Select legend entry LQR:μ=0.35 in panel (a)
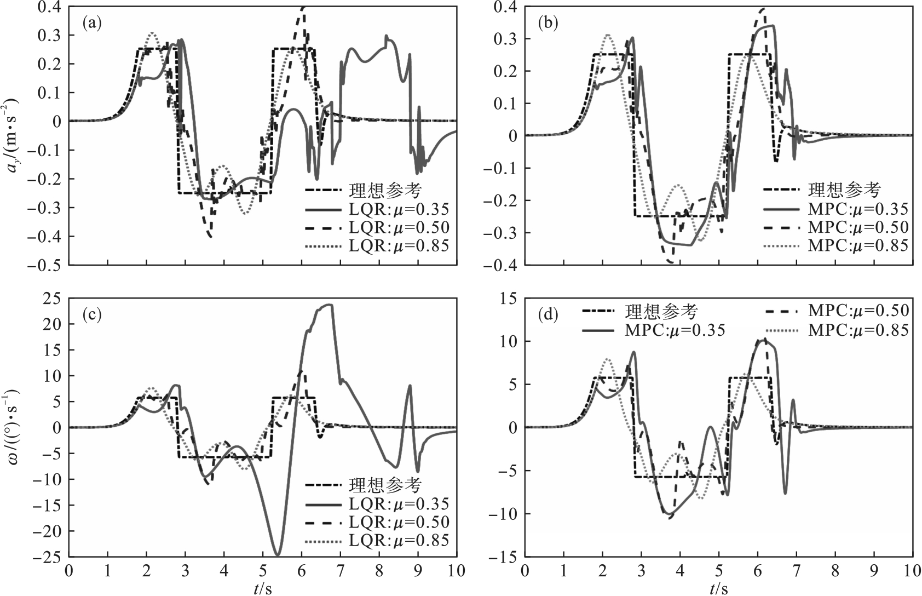pos(399,209)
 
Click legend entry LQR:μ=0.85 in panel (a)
pos(399,245)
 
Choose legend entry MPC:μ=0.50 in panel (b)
pos(858,227)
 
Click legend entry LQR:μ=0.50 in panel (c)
pos(399,521)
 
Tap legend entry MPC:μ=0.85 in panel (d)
pos(858,330)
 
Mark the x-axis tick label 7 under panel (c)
pos(340,571)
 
